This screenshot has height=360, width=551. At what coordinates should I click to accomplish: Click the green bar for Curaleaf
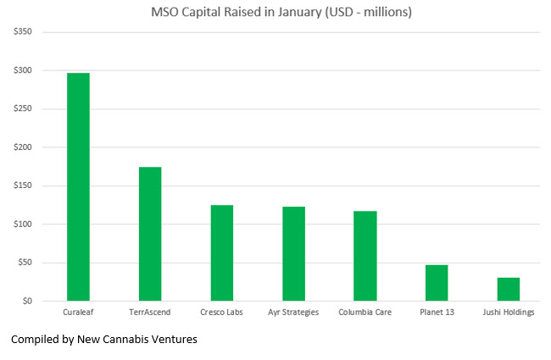(x=78, y=187)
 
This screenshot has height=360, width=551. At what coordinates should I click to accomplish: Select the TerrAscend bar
(x=150, y=234)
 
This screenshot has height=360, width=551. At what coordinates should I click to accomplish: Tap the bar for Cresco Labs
(x=222, y=252)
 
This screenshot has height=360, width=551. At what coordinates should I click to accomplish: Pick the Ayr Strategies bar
(x=293, y=253)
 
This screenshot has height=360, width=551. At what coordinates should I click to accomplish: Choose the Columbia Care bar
(x=365, y=256)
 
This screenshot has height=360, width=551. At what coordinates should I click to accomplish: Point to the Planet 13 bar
(x=437, y=283)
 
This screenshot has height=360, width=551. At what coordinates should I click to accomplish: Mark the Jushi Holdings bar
(x=509, y=289)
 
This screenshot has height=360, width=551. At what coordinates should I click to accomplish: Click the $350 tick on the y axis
(x=22, y=32)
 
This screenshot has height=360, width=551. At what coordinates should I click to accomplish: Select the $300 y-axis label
(x=22, y=70)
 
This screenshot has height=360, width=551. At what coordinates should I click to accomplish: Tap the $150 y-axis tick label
(x=22, y=186)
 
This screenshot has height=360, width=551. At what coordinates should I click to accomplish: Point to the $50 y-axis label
(x=25, y=263)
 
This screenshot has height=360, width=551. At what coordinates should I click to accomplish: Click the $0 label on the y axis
(x=27, y=301)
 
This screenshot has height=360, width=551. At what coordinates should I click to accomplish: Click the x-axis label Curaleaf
(x=78, y=313)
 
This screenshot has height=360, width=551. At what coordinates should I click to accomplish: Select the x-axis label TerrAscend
(x=150, y=313)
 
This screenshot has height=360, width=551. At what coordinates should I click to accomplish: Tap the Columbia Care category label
(x=365, y=313)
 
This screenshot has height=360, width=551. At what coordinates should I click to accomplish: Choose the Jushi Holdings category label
(x=509, y=313)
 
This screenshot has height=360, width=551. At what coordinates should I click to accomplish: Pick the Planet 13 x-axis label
(x=437, y=313)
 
